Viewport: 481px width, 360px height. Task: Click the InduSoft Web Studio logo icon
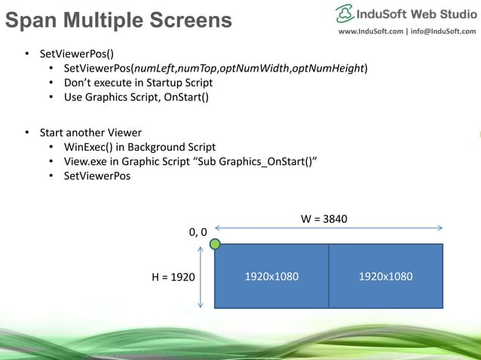coord(345,13)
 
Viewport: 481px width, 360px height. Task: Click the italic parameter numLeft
coord(152,69)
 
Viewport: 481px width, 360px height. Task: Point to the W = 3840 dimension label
coord(324,219)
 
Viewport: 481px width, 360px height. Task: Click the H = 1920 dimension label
coord(173,277)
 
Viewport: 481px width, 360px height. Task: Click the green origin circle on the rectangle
coord(215,244)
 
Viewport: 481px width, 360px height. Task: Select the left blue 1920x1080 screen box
coord(271,276)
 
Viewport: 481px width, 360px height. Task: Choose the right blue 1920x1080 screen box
coord(385,276)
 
